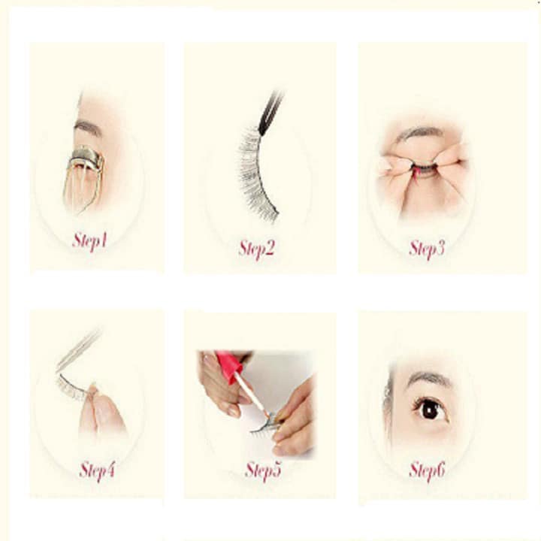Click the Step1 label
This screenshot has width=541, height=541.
[x=90, y=240]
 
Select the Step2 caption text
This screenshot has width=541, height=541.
[x=256, y=248]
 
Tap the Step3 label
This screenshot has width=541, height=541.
[x=426, y=248]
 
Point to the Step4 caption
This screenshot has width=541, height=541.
[x=97, y=471]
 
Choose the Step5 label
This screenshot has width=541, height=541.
[x=262, y=470]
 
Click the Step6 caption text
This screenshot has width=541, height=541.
[x=427, y=470]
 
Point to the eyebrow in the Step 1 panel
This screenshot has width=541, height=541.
[x=89, y=128]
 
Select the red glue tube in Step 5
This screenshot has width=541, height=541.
[x=230, y=366]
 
